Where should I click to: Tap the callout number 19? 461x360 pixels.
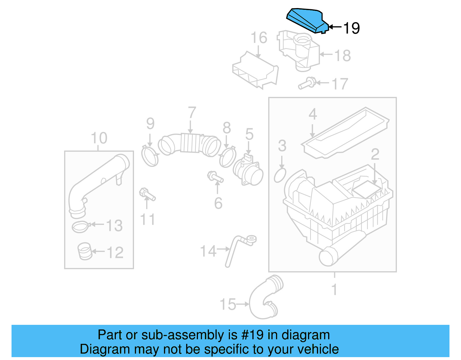coord(352,28)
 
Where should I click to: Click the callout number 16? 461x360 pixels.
coord(259,38)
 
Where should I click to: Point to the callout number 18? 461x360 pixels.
coord(342,55)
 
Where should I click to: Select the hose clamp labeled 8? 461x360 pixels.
coord(227,157)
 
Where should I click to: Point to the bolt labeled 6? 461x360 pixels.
coord(215,177)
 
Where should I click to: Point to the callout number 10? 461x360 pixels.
coord(99,138)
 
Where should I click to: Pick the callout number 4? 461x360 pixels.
coord(313,114)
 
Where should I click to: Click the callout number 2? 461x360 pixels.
coord(375,154)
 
